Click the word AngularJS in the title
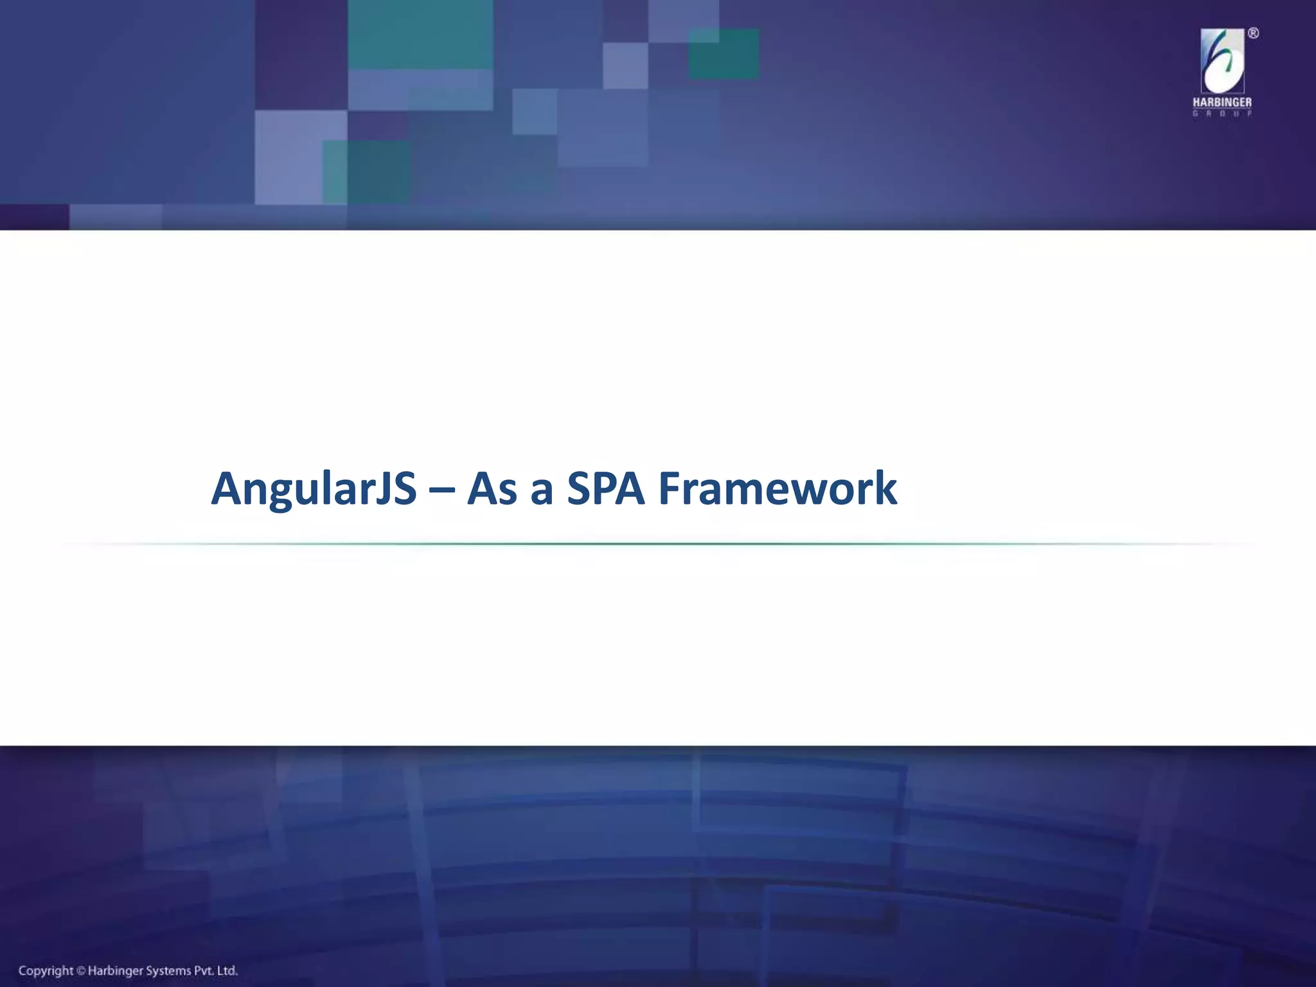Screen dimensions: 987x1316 click(314, 490)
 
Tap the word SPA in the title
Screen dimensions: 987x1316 click(605, 490)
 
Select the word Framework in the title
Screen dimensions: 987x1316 click(778, 490)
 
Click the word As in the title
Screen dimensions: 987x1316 click(492, 490)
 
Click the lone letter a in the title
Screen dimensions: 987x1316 click(542, 492)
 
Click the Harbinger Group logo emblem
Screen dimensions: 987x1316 click(1222, 62)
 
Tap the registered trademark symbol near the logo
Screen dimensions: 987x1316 click(1253, 34)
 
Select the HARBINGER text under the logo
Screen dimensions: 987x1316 click(1222, 103)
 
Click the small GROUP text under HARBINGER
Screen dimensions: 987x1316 click(1222, 114)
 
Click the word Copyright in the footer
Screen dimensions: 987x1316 click(46, 970)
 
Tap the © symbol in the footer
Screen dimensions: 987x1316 click(81, 971)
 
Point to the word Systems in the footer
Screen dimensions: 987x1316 click(170, 970)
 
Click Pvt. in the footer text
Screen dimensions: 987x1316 click(205, 970)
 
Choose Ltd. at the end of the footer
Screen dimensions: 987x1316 click(227, 970)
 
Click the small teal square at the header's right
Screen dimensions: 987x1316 click(723, 54)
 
